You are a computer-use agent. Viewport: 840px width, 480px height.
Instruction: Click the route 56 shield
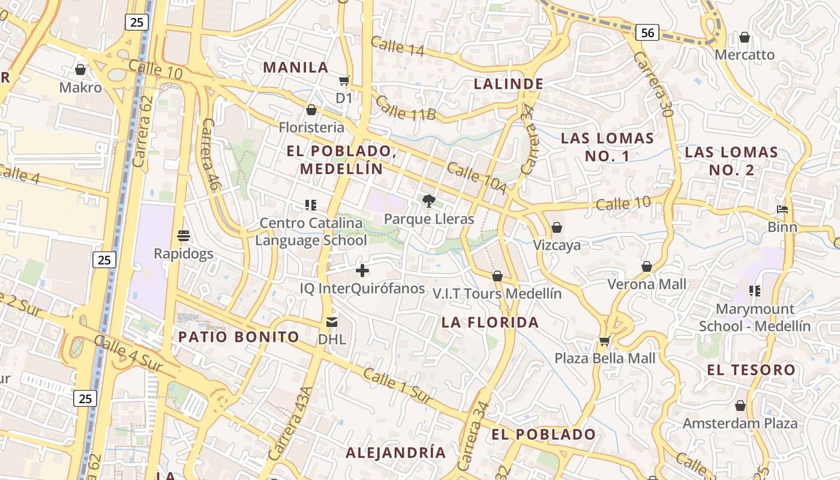coord(647,32)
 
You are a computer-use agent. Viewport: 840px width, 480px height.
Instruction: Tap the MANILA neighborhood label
coord(296,67)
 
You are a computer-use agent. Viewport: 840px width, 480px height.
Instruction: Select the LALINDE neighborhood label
coord(509,84)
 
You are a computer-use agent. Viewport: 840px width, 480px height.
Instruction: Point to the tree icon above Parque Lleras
coord(428,201)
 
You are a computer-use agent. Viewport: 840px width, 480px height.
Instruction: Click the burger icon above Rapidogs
coord(184,235)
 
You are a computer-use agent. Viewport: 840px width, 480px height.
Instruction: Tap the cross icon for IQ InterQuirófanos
coord(362,271)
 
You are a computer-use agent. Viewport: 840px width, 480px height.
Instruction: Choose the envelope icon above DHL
coord(332,322)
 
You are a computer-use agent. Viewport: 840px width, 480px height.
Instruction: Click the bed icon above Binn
coord(782,209)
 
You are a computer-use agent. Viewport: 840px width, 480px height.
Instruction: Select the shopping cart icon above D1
coord(344,80)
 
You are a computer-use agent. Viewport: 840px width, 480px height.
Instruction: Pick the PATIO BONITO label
coord(239,337)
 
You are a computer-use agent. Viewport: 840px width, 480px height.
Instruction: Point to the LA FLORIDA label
coord(490,323)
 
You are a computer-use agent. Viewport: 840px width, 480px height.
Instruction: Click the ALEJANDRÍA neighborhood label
coord(396,452)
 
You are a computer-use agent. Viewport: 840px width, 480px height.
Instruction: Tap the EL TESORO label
coord(751,370)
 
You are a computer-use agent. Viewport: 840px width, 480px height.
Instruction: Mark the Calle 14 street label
coord(397,46)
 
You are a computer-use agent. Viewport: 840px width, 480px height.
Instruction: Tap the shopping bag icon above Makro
coord(80,70)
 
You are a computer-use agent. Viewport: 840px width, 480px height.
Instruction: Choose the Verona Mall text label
coord(647,284)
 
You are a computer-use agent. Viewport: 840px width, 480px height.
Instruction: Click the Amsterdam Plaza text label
coord(740,424)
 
